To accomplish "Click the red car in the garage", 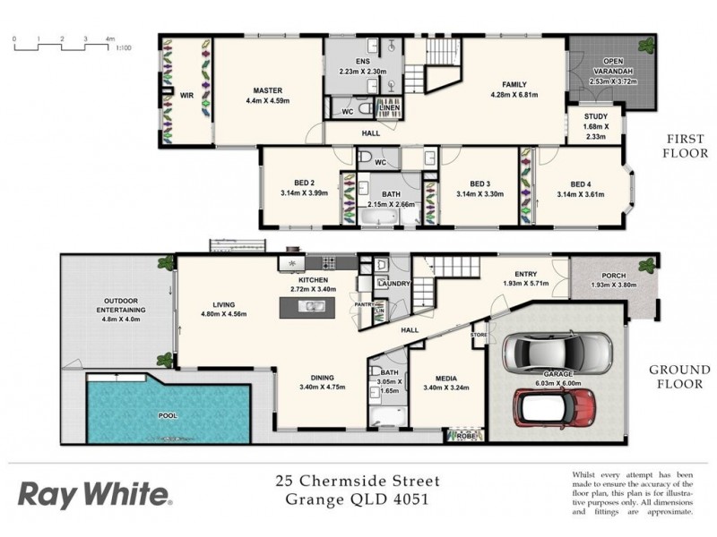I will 557,407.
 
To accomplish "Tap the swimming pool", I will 168,414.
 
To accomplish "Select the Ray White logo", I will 94,494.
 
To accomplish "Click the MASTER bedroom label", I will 267,90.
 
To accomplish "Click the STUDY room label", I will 596,116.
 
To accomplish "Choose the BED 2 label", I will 292,183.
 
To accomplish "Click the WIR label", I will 186,93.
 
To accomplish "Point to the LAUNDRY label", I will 393,285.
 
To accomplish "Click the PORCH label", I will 614,276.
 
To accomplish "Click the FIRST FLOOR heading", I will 687,146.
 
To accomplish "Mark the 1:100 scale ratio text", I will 125,48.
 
